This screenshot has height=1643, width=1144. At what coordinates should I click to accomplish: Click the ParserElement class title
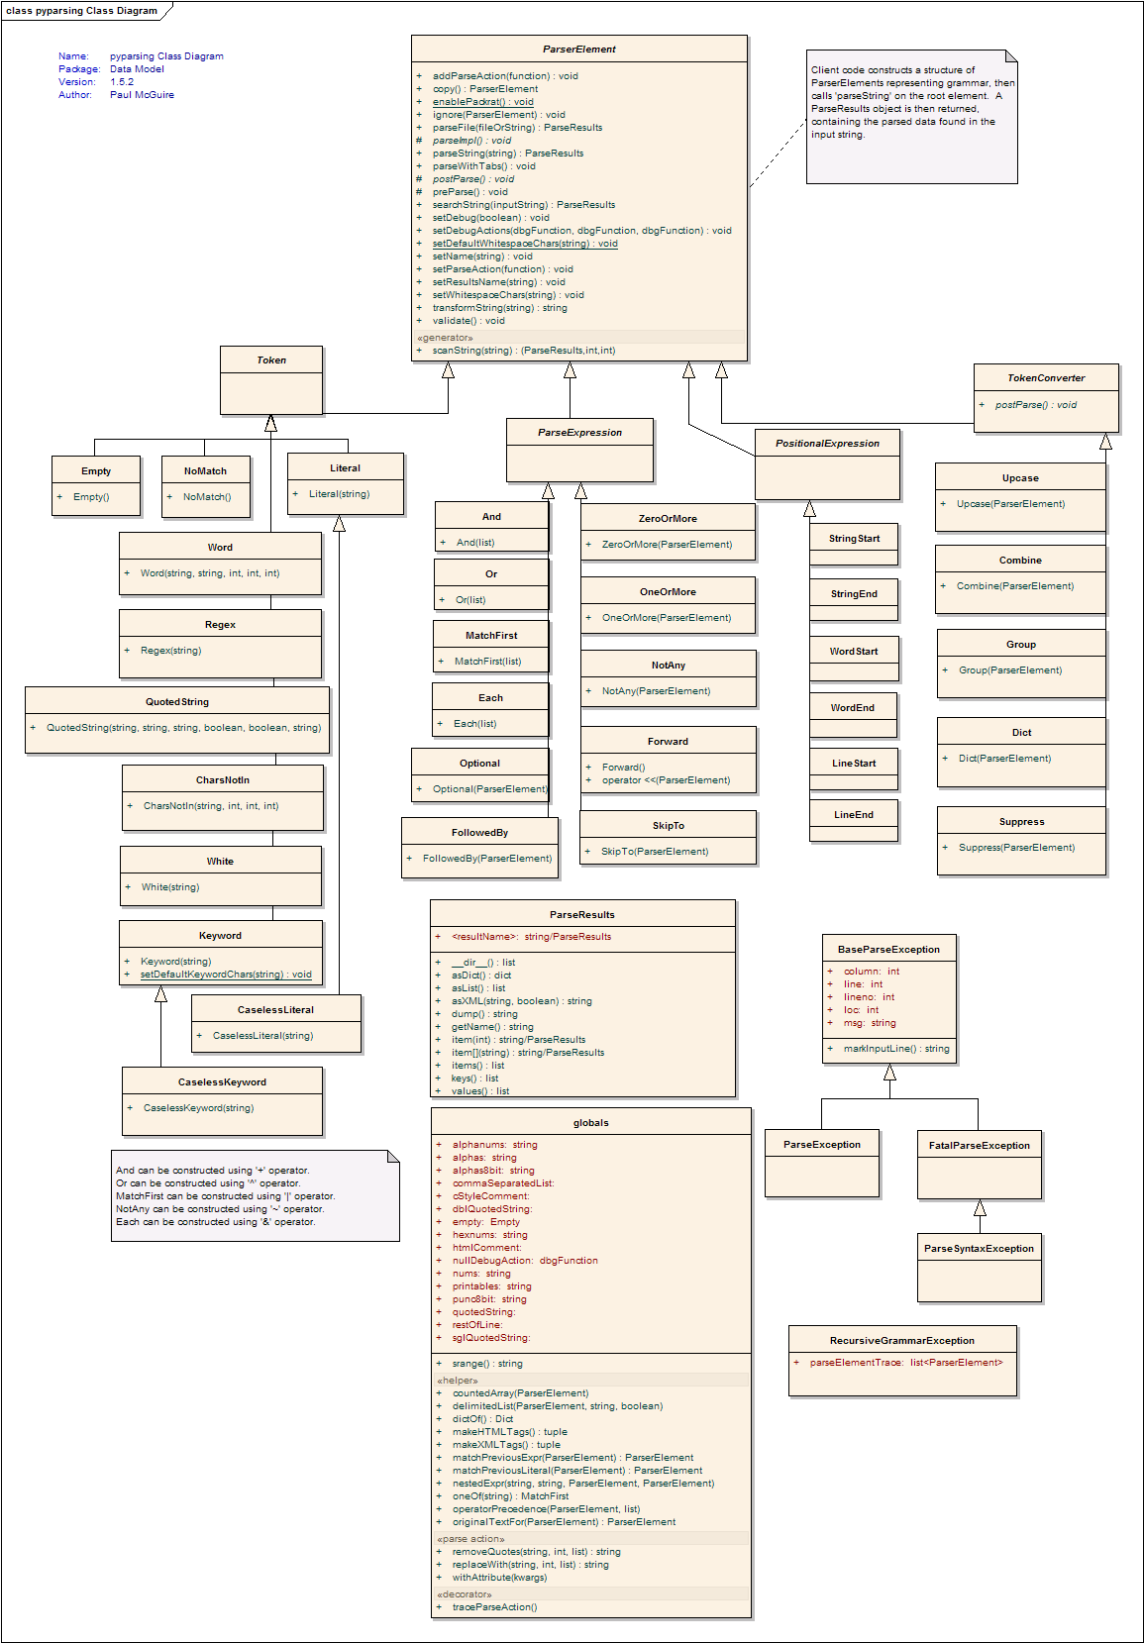point(579,50)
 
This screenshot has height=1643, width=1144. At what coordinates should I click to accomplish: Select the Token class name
point(271,360)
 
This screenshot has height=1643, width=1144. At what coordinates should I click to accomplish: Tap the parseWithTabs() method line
point(483,165)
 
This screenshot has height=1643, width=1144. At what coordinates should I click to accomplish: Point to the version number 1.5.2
point(122,82)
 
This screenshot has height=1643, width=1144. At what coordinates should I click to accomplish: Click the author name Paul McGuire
point(142,95)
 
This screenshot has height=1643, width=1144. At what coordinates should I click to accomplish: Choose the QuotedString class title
point(177,702)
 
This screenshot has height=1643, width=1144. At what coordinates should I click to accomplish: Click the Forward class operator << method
point(667,780)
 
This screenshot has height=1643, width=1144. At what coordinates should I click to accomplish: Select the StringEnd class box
point(854,601)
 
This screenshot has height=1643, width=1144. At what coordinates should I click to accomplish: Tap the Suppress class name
point(1021,822)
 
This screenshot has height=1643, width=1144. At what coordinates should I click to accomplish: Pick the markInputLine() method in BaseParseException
point(896,1048)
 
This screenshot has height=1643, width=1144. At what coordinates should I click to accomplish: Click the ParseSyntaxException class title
point(979,1249)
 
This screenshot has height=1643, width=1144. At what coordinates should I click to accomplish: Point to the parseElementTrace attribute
point(906,1362)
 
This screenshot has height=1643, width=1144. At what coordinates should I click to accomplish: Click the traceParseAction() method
point(494,1607)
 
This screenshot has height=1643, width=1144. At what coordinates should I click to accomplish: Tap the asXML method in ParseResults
point(521,1000)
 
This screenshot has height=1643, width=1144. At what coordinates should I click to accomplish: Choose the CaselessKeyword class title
point(222,1081)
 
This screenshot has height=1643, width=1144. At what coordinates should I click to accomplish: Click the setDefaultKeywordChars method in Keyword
point(226,975)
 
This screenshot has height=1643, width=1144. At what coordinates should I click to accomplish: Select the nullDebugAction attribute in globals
point(525,1260)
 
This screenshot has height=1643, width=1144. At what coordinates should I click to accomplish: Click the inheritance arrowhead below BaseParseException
point(889,1073)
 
